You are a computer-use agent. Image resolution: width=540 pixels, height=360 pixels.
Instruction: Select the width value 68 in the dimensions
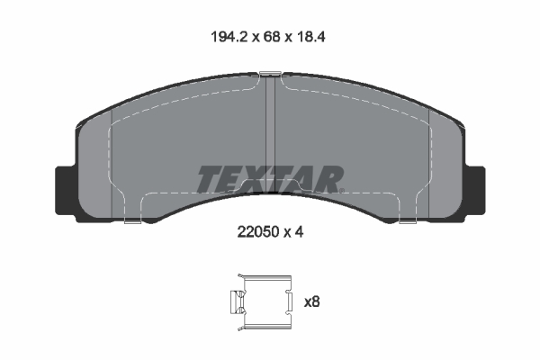(267, 39)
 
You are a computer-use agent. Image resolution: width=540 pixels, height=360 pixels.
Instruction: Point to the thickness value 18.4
(306, 39)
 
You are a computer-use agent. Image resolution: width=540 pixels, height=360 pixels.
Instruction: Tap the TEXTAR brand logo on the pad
(269, 179)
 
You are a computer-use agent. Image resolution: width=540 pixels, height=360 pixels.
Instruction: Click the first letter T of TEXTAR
(208, 179)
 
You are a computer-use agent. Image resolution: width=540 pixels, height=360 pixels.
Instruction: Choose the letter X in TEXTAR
(256, 179)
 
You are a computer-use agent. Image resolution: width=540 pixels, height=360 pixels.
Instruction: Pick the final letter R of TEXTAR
(330, 179)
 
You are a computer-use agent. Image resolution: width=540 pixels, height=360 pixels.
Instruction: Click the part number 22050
(256, 231)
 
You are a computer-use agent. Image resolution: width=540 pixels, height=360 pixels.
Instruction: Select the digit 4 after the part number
(299, 231)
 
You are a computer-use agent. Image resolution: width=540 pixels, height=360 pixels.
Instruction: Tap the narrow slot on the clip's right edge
(290, 299)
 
